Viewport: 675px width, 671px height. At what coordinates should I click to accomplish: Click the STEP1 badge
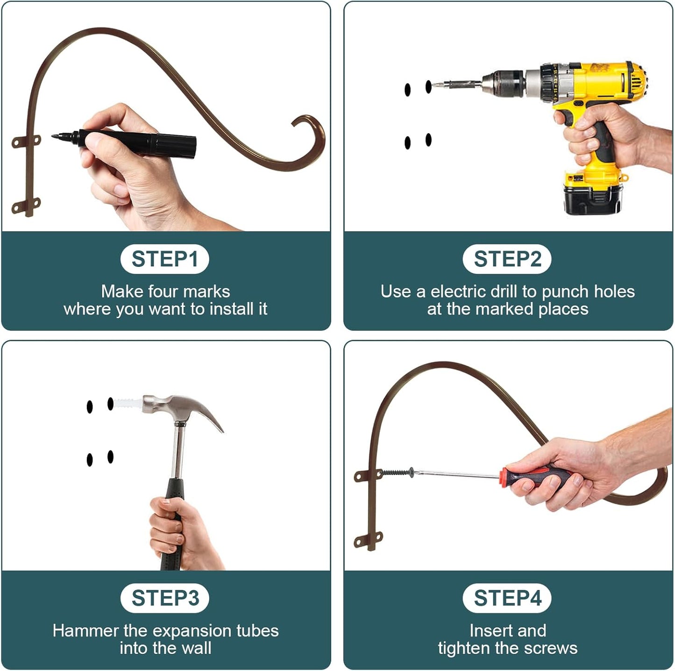point(164,259)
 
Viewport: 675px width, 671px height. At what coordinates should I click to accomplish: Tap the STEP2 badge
point(507,259)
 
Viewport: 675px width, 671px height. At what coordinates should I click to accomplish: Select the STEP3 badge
point(164,598)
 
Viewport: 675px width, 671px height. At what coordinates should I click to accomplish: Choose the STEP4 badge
point(507,598)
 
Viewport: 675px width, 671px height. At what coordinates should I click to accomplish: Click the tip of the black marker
point(52,136)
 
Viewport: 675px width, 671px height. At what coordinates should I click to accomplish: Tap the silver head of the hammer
point(182,410)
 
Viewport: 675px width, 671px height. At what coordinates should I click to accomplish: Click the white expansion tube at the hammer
point(128,403)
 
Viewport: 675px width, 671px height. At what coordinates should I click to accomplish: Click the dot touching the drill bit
point(428,86)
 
